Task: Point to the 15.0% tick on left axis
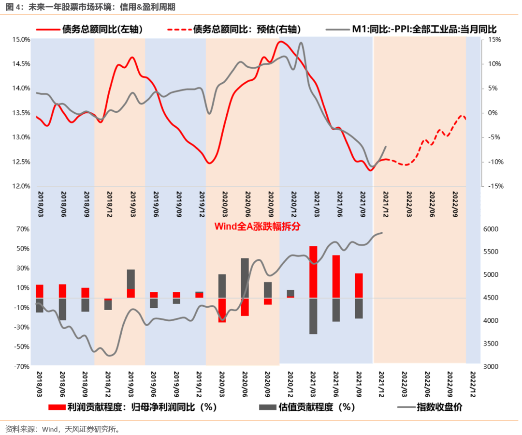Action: (21, 40)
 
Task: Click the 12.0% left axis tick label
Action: (21, 186)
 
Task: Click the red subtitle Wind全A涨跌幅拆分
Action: (257, 226)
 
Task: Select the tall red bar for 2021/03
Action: (313, 271)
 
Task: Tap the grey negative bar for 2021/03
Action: (313, 315)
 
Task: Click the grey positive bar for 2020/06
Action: (245, 278)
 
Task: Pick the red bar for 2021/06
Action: (336, 276)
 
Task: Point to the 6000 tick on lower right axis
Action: (494, 229)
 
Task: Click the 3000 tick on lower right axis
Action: (494, 367)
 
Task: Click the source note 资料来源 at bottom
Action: (62, 429)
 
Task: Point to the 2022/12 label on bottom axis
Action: (472, 382)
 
